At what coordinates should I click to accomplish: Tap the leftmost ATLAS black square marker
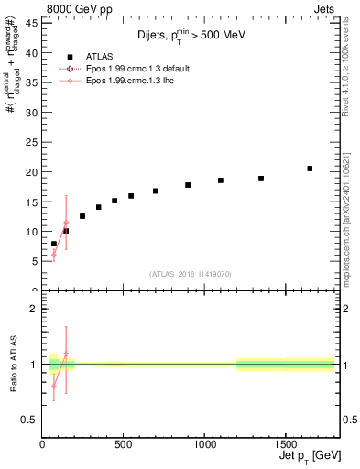tap(54, 244)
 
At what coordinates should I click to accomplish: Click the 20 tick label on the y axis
tap(33, 172)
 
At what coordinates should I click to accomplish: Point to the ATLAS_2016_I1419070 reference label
tap(190, 273)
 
